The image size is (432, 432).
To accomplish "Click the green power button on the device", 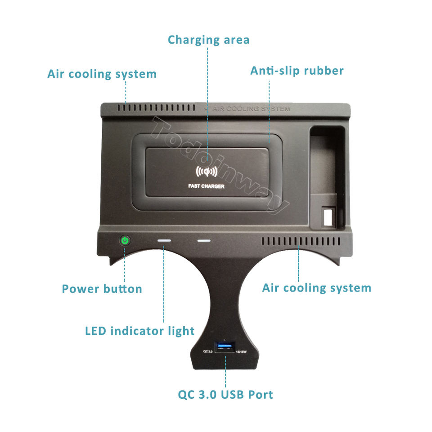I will pyautogui.click(x=125, y=240).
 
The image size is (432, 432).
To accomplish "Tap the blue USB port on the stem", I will pyautogui.click(x=225, y=346).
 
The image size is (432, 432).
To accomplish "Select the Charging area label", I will pyautogui.click(x=208, y=40).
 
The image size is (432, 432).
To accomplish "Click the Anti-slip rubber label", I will pyautogui.click(x=297, y=71).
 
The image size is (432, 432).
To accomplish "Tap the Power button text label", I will pyautogui.click(x=102, y=288).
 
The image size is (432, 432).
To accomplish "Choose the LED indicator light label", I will pyautogui.click(x=139, y=331).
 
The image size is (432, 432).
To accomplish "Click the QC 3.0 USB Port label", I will pyautogui.click(x=225, y=395).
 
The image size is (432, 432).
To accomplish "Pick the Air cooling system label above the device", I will pyautogui.click(x=102, y=74).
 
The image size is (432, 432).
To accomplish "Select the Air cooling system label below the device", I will pyautogui.click(x=316, y=288).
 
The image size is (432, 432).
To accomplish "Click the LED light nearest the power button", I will pyautogui.click(x=164, y=241).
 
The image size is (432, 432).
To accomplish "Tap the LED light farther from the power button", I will pyautogui.click(x=204, y=241).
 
